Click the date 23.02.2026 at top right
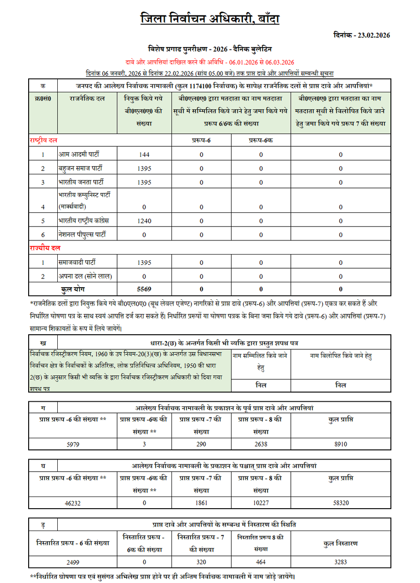[373, 35]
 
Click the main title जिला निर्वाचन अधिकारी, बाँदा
[210, 19]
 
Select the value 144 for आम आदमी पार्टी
[144, 154]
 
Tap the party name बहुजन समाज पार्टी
[81, 169]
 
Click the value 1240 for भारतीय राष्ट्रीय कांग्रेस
[144, 220]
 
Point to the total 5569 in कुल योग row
[144, 289]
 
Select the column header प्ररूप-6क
[261, 140]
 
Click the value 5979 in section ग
[72, 444]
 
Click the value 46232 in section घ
[72, 503]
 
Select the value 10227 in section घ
[260, 503]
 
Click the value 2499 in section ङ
[72, 562]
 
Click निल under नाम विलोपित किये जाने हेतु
[340, 385]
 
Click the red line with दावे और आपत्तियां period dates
[210, 62]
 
